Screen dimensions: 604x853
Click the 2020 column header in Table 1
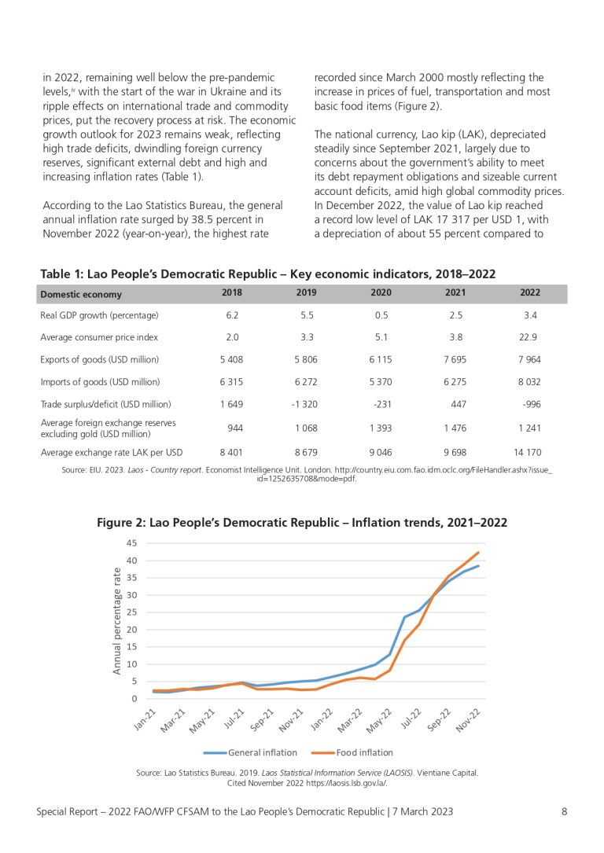[381, 292]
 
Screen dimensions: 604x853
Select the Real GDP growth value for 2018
[232, 315]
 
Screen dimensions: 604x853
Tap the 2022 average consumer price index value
[528, 337]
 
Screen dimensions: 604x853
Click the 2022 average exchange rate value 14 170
[527, 453]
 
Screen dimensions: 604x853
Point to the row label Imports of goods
[100, 382]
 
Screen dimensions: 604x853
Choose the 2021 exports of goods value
[455, 359]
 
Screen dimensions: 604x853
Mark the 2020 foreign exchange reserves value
[381, 428]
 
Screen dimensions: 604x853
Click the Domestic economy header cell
[81, 294]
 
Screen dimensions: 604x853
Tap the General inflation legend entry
[251, 753]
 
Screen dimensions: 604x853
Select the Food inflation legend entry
[352, 753]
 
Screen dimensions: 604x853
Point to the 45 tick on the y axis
[132, 543]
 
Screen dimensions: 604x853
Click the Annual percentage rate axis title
[117, 621]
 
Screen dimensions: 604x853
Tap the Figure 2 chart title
[302, 523]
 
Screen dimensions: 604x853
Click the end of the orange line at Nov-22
[478, 553]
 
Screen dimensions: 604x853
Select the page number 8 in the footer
[564, 811]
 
